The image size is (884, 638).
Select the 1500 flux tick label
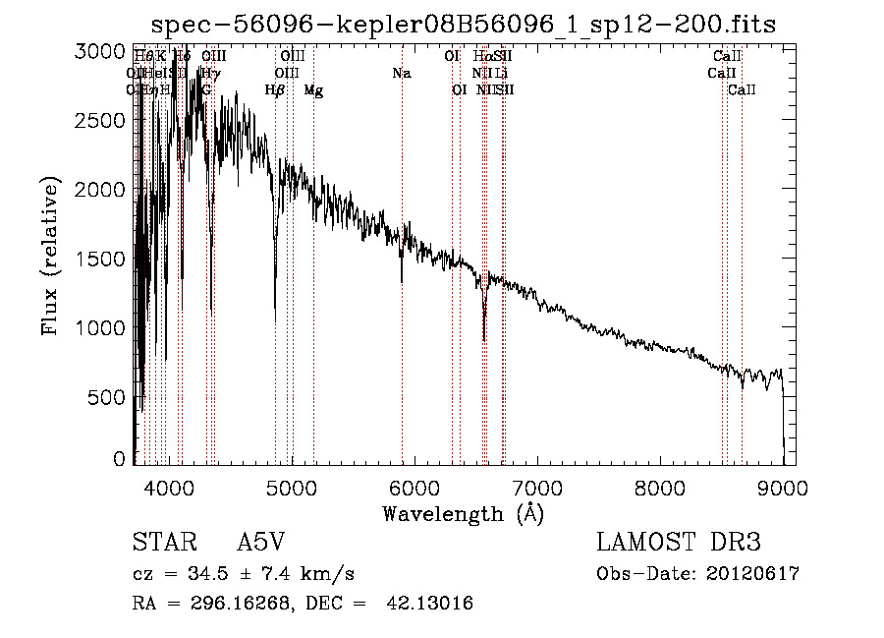tap(101, 259)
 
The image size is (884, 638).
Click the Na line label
tap(401, 73)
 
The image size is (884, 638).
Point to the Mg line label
tap(313, 90)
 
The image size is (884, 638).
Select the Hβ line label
tap(274, 90)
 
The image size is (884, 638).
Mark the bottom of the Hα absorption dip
tap(483, 339)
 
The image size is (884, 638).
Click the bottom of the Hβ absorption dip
tap(275, 319)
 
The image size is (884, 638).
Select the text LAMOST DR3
tap(678, 543)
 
